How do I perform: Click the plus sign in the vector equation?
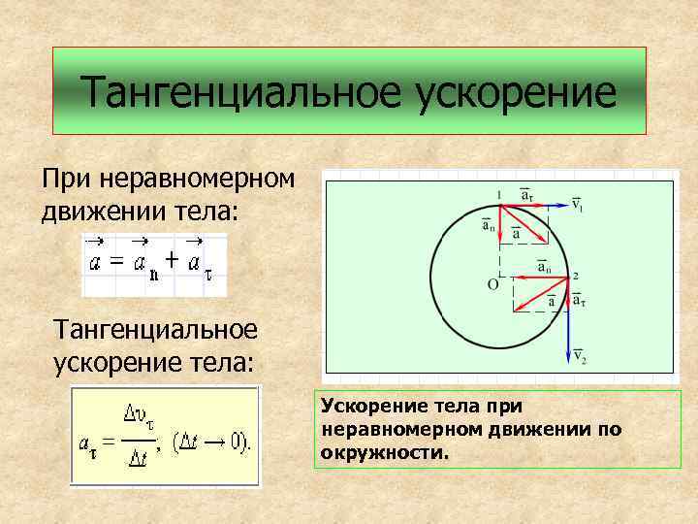pos(171,259)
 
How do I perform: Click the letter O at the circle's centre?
pos(492,285)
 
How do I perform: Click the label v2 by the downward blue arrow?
pos(580,358)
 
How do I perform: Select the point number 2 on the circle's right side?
pos(576,277)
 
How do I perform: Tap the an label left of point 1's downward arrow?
pos(488,226)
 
